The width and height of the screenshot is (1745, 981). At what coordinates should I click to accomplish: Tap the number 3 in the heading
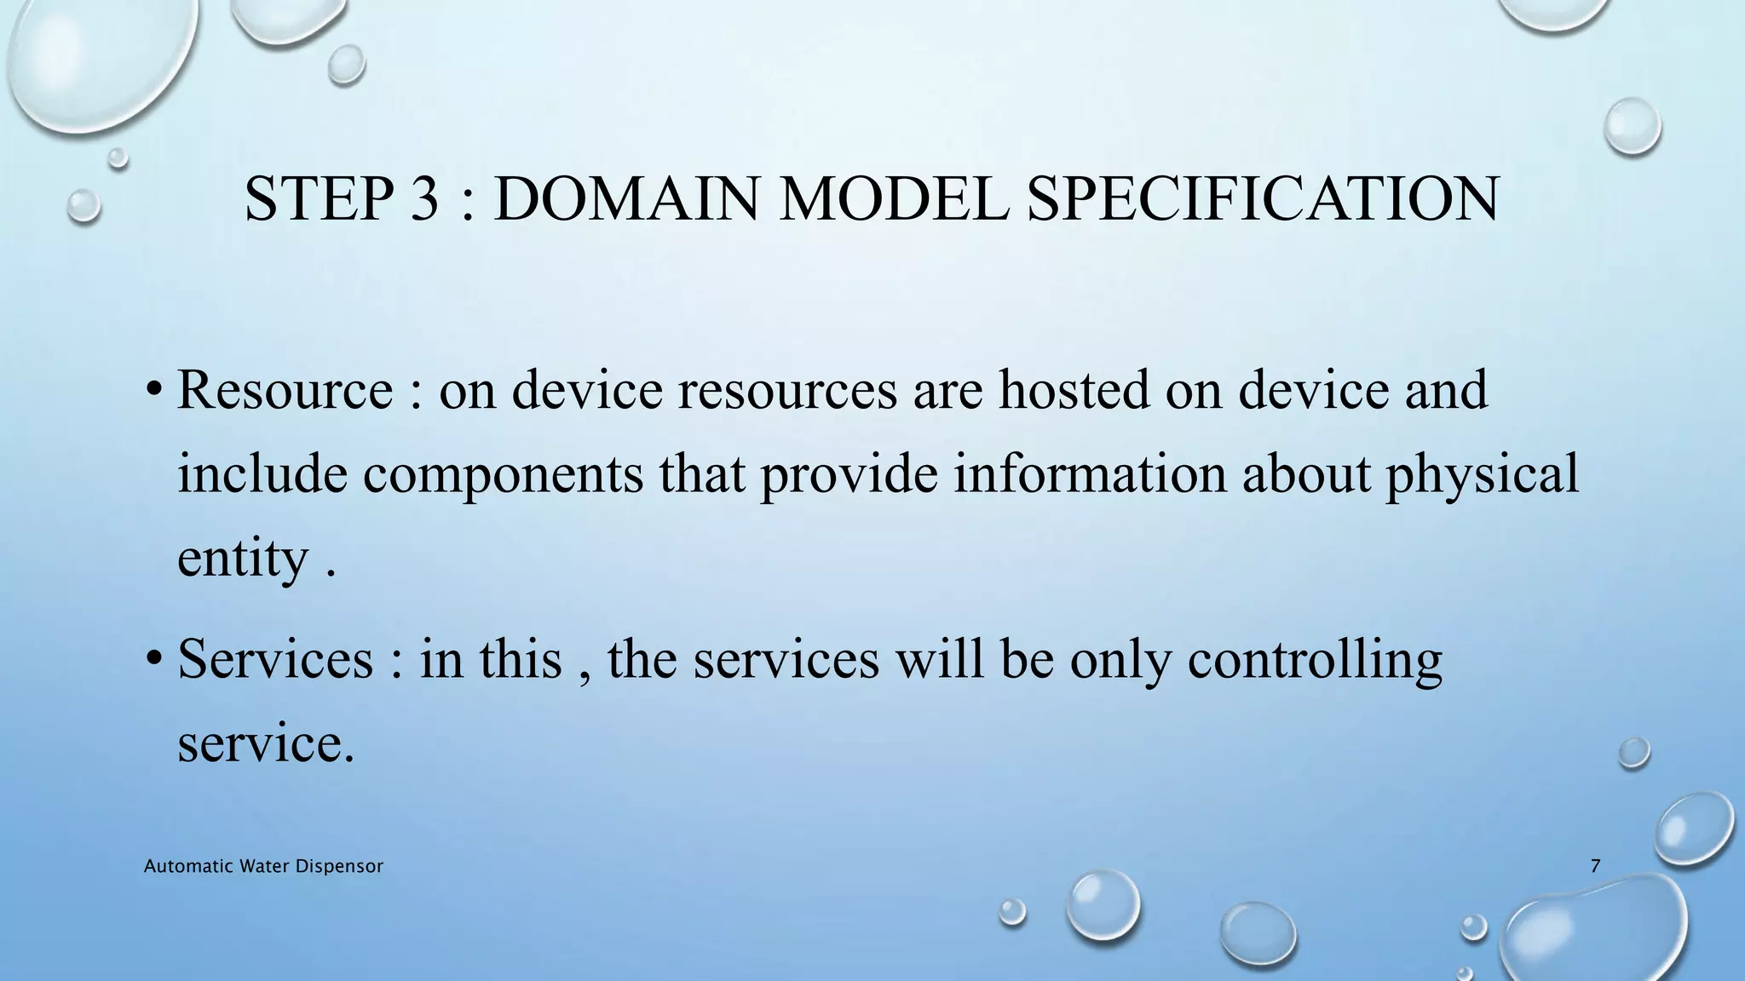tap(423, 198)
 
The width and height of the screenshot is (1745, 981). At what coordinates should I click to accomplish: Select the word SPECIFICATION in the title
tap(1262, 198)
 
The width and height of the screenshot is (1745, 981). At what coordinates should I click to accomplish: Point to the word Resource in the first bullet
tap(285, 389)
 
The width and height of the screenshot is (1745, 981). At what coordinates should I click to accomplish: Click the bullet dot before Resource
tap(153, 389)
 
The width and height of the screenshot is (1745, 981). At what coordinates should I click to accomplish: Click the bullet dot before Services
tap(153, 658)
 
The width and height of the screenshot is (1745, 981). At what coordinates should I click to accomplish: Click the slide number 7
tap(1595, 866)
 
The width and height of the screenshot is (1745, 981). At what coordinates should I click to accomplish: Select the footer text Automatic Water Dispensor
tap(263, 866)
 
